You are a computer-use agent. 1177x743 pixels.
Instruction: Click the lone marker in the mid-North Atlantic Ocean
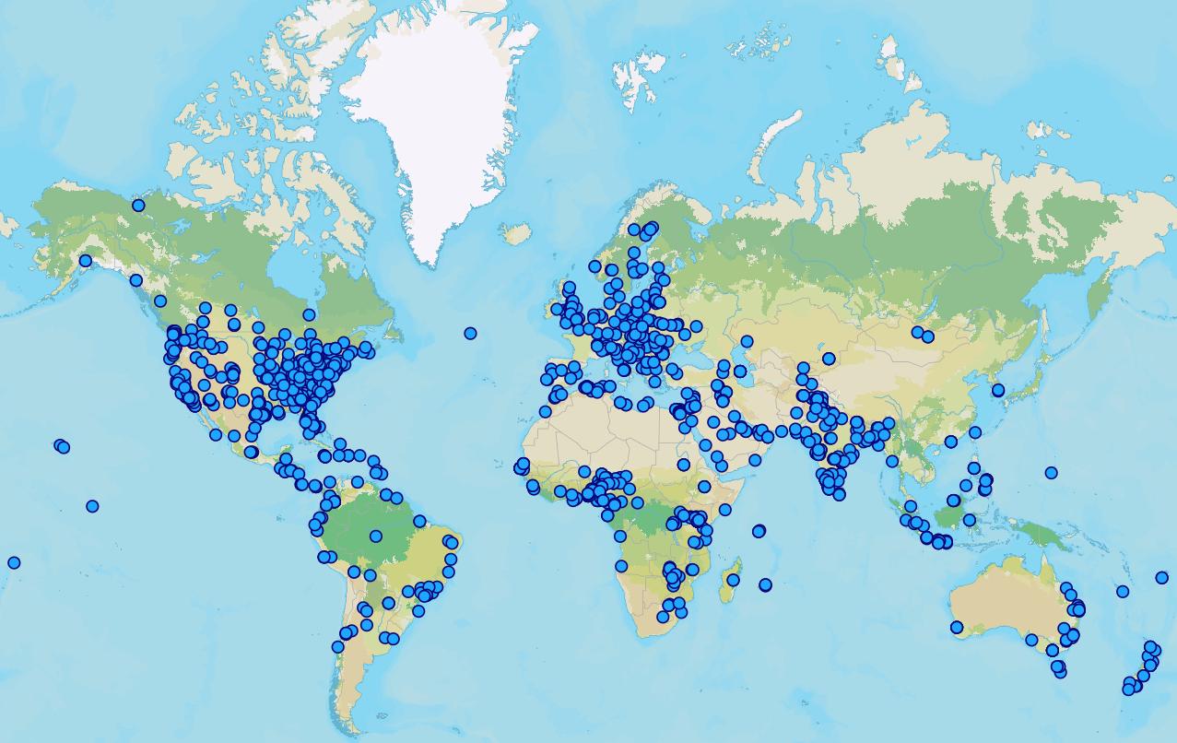[470, 333]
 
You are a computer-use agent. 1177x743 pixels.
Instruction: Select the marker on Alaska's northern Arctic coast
[138, 206]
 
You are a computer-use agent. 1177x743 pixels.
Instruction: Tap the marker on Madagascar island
[733, 580]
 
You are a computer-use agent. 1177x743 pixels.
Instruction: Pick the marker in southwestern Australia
[957, 628]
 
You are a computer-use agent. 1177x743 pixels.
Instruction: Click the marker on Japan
[997, 390]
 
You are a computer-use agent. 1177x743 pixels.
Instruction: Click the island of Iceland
[518, 232]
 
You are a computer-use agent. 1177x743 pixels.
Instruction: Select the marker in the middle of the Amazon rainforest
[375, 535]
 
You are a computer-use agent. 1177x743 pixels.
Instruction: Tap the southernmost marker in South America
[337, 646]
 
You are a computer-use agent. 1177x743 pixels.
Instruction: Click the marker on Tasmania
[1059, 668]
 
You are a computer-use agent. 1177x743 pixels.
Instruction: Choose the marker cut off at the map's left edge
[14, 562]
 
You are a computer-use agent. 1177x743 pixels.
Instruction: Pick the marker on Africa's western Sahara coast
[545, 411]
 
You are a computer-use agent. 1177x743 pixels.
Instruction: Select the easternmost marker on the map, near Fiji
[1161, 578]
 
